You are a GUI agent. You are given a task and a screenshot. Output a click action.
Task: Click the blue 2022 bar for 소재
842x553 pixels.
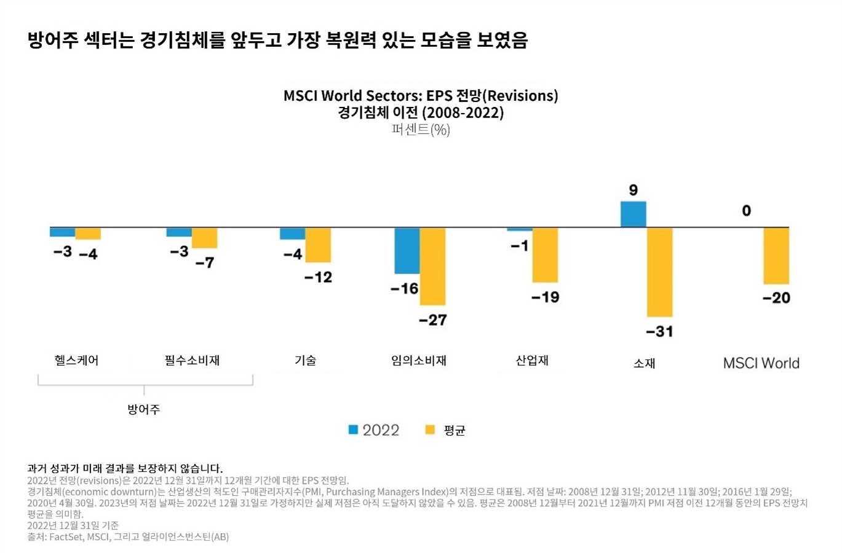633,214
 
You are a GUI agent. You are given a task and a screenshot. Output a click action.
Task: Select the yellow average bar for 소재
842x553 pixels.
659,272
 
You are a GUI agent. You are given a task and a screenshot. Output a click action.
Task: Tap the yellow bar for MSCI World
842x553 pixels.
776,256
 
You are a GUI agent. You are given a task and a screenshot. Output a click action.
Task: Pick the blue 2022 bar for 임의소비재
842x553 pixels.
407,251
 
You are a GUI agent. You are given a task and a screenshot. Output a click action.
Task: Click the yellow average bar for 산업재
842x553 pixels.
545,255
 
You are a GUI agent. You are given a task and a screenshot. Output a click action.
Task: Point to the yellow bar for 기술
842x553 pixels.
318,245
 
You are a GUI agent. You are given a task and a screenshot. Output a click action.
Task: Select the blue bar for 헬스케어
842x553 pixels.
62,232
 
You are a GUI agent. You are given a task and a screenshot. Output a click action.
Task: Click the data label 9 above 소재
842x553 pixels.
633,190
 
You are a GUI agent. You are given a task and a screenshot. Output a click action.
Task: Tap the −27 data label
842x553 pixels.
432,320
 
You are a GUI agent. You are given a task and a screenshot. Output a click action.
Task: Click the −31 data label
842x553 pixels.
659,332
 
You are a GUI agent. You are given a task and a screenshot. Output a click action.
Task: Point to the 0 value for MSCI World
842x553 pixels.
746,211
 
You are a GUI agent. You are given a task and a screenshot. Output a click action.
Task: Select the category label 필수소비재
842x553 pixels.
192,361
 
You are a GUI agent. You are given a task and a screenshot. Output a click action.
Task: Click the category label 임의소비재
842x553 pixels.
418,361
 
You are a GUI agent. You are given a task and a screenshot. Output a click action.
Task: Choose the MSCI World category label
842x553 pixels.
761,363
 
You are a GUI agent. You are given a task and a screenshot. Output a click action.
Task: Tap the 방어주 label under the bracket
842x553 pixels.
143,409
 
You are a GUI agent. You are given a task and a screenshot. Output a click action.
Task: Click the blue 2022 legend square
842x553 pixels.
353,429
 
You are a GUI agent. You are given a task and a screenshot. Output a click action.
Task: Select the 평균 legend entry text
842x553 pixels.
454,430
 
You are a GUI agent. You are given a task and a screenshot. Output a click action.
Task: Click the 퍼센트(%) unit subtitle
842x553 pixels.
421,130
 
